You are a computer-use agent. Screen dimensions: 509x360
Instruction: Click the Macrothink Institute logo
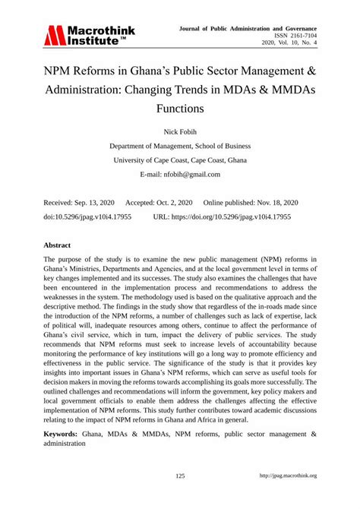(89, 34)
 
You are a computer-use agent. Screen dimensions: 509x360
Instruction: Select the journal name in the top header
(258, 26)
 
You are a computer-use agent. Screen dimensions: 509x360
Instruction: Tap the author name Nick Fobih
(180, 131)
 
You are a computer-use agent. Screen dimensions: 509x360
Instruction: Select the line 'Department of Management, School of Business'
(180, 146)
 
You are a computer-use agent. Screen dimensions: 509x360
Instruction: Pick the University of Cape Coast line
(180, 160)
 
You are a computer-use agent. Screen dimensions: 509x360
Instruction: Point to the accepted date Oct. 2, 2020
(174, 203)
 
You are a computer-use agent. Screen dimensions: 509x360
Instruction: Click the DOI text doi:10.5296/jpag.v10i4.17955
(87, 217)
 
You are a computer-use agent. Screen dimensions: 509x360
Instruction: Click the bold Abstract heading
(58, 246)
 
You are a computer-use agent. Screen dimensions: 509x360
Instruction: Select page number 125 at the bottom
(180, 476)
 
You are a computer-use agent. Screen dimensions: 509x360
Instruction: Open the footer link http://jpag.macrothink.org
(288, 476)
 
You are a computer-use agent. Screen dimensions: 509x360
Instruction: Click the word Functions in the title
(180, 107)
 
